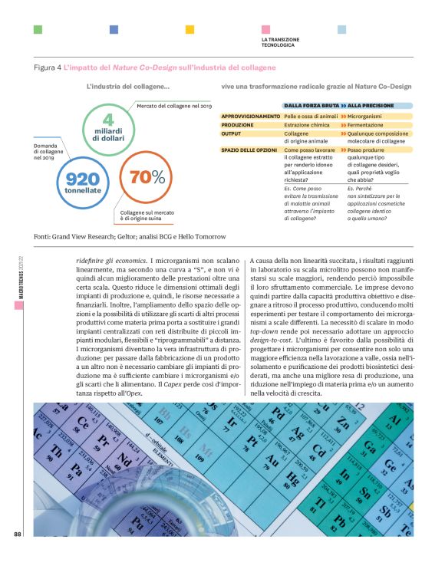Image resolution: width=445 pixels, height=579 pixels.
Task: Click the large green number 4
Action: click(108, 120)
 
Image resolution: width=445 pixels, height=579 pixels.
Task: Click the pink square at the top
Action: click(265, 29)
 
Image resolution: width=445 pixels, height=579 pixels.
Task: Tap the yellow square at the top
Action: click(190, 29)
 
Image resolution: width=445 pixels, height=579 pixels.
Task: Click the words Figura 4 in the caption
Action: click(48, 68)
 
